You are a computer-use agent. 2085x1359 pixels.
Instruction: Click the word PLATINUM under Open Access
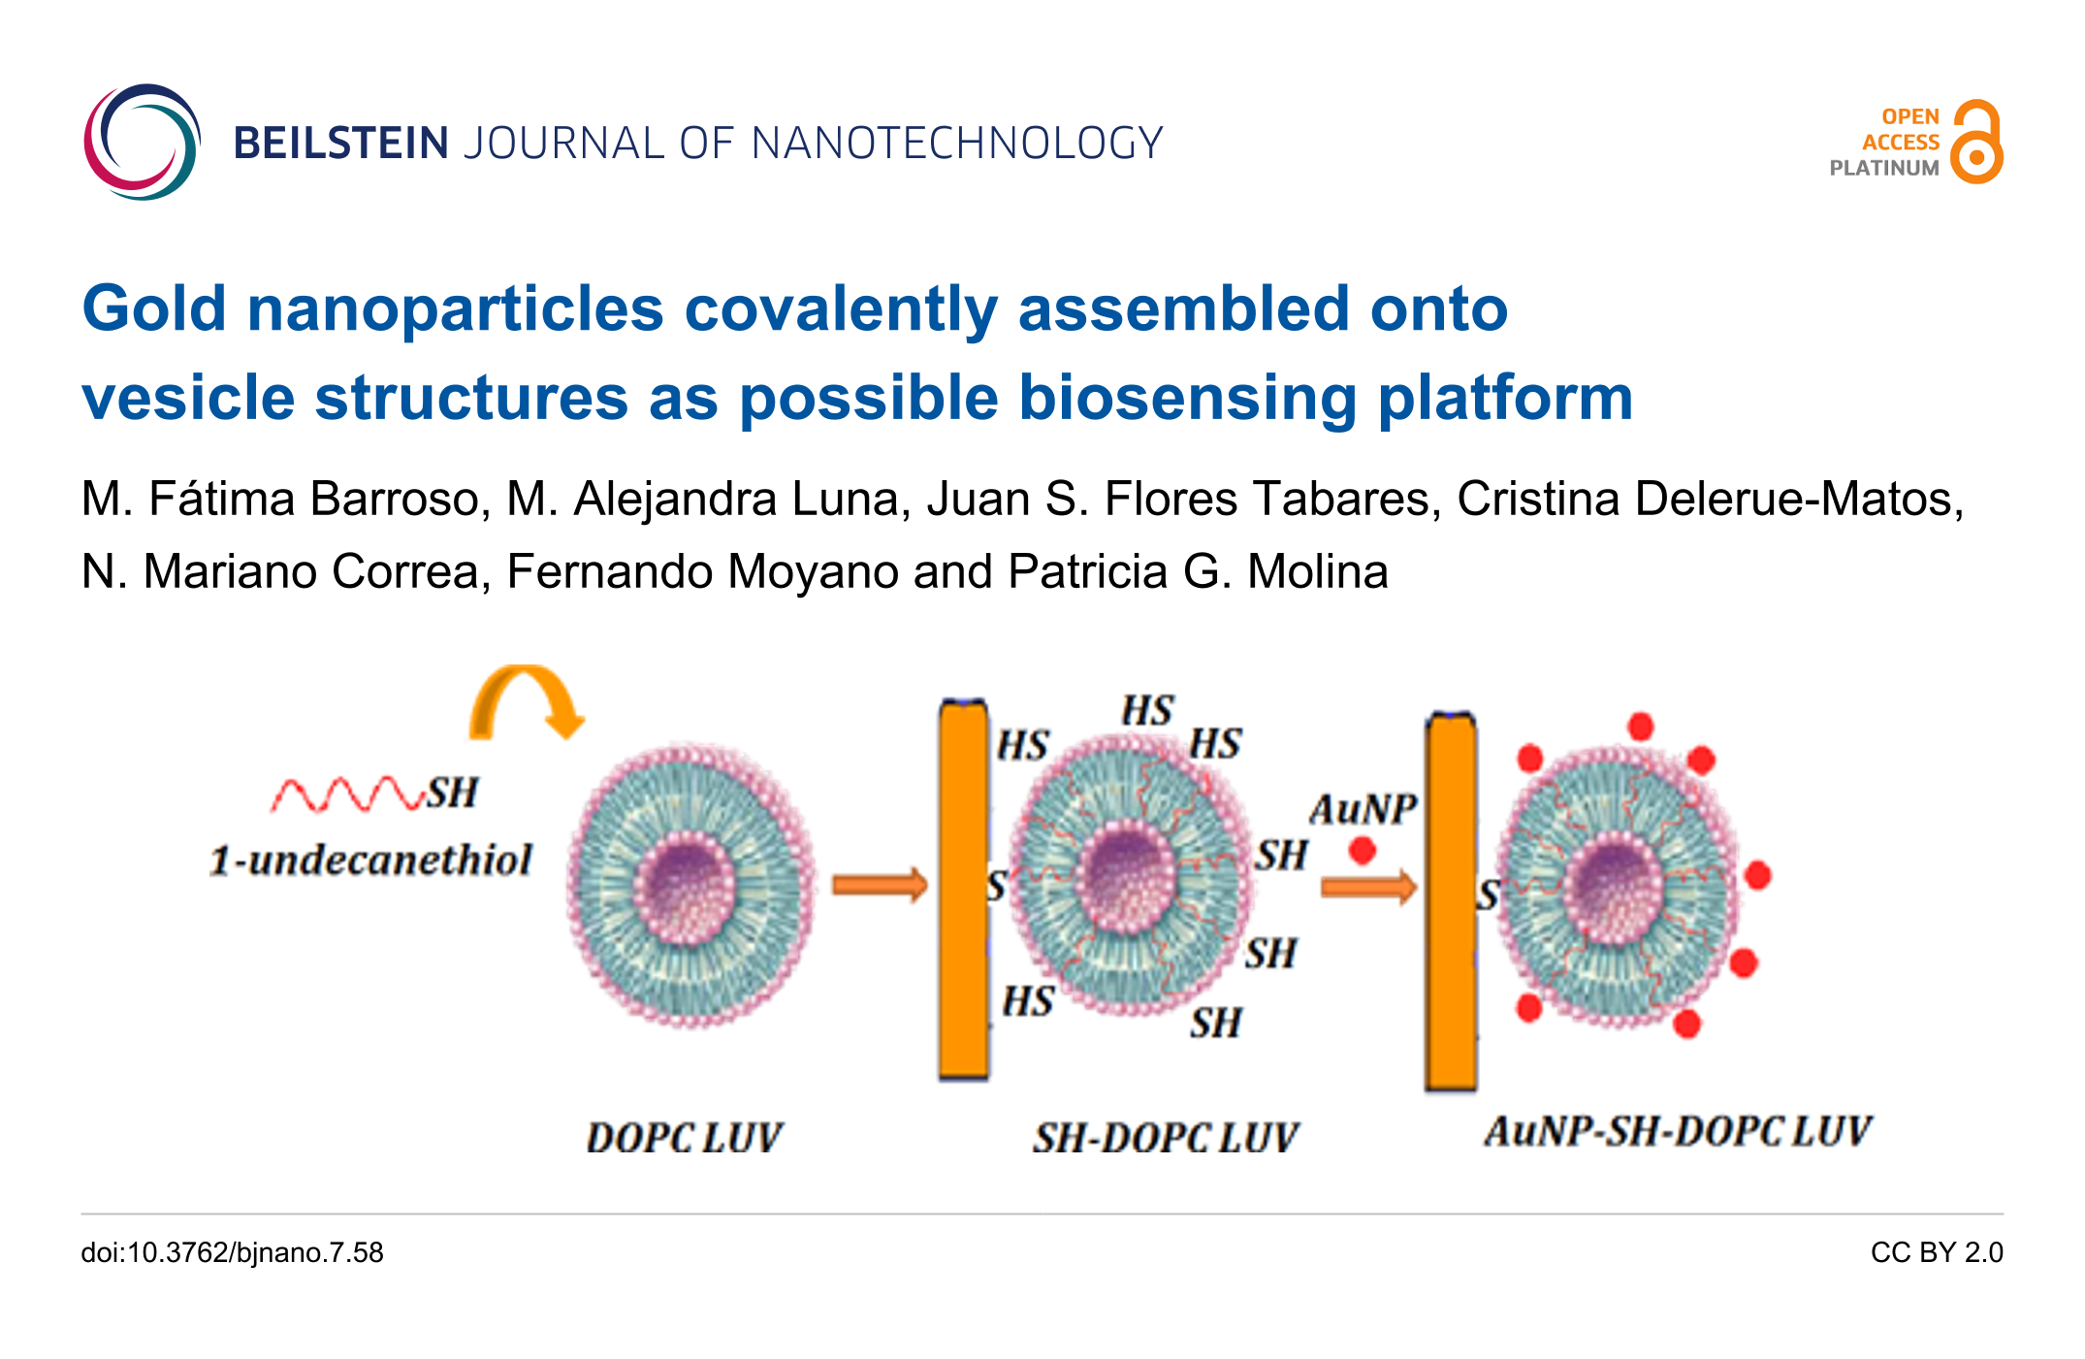pyautogui.click(x=1883, y=168)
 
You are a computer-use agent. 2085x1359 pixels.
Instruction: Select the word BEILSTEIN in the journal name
pyautogui.click(x=340, y=144)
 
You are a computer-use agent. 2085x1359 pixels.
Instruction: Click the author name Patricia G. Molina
pyautogui.click(x=1198, y=570)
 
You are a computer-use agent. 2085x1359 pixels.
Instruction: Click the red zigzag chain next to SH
pyautogui.click(x=347, y=794)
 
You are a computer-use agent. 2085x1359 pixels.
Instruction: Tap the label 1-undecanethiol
pyautogui.click(x=371, y=860)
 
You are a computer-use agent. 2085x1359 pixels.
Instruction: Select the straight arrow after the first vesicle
pyautogui.click(x=881, y=885)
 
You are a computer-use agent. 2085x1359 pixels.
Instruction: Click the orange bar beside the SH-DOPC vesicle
pyautogui.click(x=964, y=889)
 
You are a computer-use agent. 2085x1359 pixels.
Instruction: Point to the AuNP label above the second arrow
pyautogui.click(x=1363, y=809)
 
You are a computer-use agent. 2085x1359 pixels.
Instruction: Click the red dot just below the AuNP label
pyautogui.click(x=1363, y=851)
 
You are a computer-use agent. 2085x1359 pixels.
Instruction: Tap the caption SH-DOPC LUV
pyautogui.click(x=1165, y=1138)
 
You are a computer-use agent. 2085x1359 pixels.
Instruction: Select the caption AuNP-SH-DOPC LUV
pyautogui.click(x=1678, y=1131)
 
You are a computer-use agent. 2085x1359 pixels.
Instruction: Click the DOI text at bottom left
pyautogui.click(x=232, y=1253)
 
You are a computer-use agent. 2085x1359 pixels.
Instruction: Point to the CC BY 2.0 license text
pyautogui.click(x=1937, y=1253)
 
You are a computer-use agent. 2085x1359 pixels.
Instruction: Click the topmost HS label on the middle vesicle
pyautogui.click(x=1147, y=711)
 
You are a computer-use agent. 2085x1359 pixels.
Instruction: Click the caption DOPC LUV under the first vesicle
pyautogui.click(x=684, y=1138)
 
